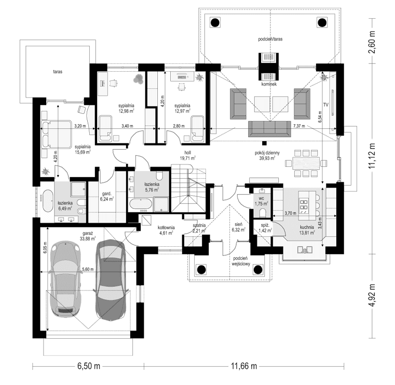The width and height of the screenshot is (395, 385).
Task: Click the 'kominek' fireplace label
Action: click(x=271, y=84)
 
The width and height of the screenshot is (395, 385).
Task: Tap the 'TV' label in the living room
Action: click(x=325, y=105)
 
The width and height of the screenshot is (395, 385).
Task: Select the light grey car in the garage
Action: click(x=64, y=280)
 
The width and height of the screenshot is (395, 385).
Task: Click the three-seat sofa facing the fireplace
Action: click(x=269, y=128)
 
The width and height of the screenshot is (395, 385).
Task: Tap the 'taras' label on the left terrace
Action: click(x=57, y=72)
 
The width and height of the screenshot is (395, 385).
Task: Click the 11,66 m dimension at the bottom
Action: click(x=244, y=366)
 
